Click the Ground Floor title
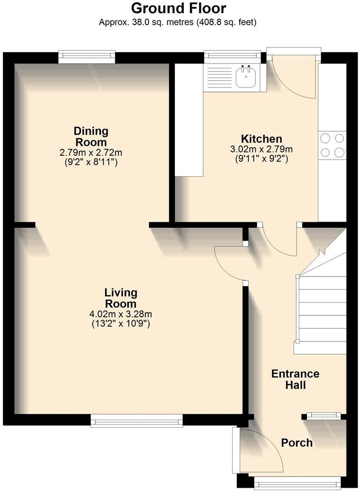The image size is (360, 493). (x=178, y=8)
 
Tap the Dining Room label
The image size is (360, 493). (x=90, y=136)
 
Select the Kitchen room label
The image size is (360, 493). (x=261, y=139)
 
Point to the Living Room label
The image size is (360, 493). (x=120, y=298)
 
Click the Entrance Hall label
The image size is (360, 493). (x=295, y=379)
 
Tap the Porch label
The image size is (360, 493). (x=297, y=443)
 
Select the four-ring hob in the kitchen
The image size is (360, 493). (x=332, y=145)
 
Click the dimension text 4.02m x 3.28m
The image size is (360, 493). (x=120, y=314)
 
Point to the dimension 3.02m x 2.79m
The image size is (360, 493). (x=261, y=149)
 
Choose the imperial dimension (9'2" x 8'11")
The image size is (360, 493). (x=90, y=162)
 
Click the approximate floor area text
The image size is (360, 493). (x=178, y=22)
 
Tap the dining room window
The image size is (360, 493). (x=87, y=57)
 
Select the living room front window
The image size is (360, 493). (x=136, y=421)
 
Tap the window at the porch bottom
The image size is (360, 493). (x=297, y=483)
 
